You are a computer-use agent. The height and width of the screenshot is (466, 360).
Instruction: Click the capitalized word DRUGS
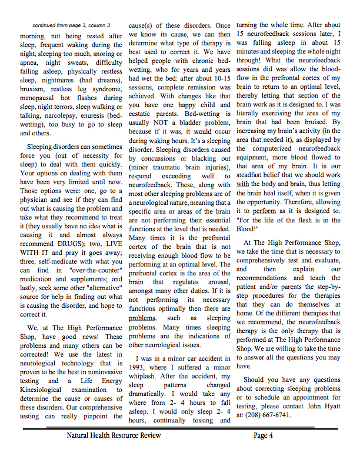coord(75,244)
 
